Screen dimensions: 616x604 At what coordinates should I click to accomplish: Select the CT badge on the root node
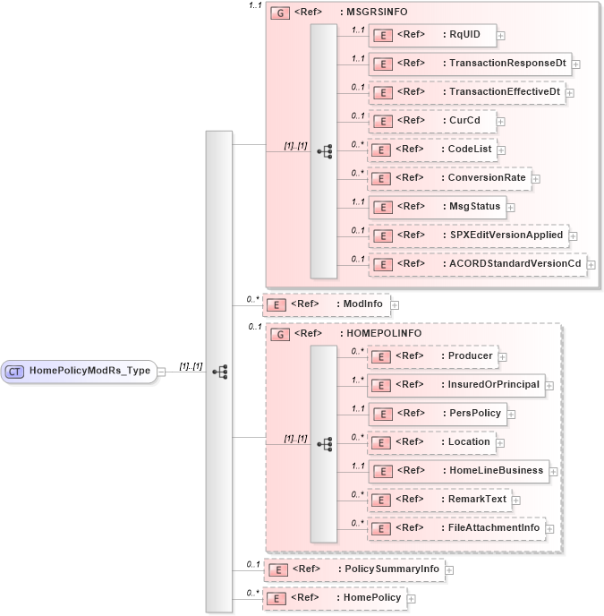click(14, 371)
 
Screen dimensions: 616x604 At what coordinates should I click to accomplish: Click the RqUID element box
click(432, 35)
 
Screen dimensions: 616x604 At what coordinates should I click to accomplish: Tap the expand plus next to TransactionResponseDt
click(576, 64)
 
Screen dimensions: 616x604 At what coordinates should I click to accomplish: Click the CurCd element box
click(432, 121)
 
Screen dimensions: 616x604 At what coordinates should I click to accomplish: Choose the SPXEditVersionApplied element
click(468, 235)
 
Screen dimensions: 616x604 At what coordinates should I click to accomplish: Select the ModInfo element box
click(326, 304)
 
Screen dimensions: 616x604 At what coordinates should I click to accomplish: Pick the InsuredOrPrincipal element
click(455, 385)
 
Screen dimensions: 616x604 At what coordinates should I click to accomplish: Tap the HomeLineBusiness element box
click(458, 470)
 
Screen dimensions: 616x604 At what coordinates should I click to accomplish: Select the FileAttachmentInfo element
click(455, 528)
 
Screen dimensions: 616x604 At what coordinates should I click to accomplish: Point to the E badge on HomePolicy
click(278, 598)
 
